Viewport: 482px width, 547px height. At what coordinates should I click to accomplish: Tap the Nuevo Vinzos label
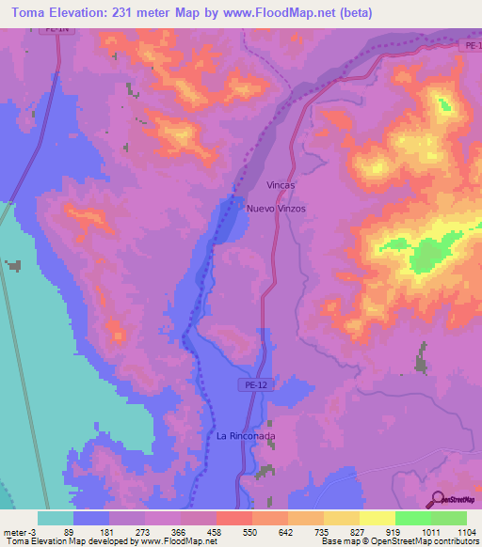pos(276,208)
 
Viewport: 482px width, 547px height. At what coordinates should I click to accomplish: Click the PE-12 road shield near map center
pos(247,383)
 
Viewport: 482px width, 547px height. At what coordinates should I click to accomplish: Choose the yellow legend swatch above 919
pos(377,518)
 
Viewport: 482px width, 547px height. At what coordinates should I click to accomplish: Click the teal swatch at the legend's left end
pos(56,518)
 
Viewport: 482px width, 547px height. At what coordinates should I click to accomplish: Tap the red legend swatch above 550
pos(233,518)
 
